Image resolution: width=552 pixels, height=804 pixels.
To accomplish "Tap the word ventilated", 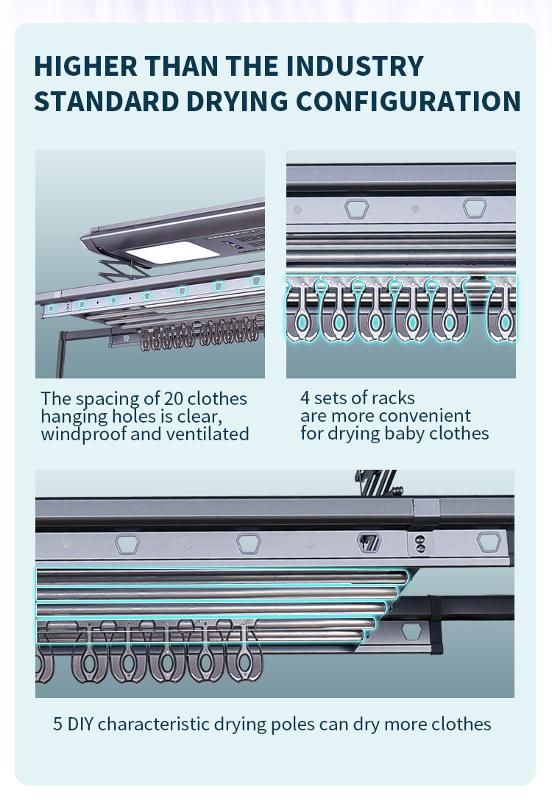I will (208, 434).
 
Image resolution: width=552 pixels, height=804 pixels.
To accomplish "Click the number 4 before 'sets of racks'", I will (305, 398).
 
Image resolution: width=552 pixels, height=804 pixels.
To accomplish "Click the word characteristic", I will (155, 724).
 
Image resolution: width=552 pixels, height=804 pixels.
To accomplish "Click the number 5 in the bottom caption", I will (58, 724).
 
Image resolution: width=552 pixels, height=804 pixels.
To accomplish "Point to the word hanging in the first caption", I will (73, 416).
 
